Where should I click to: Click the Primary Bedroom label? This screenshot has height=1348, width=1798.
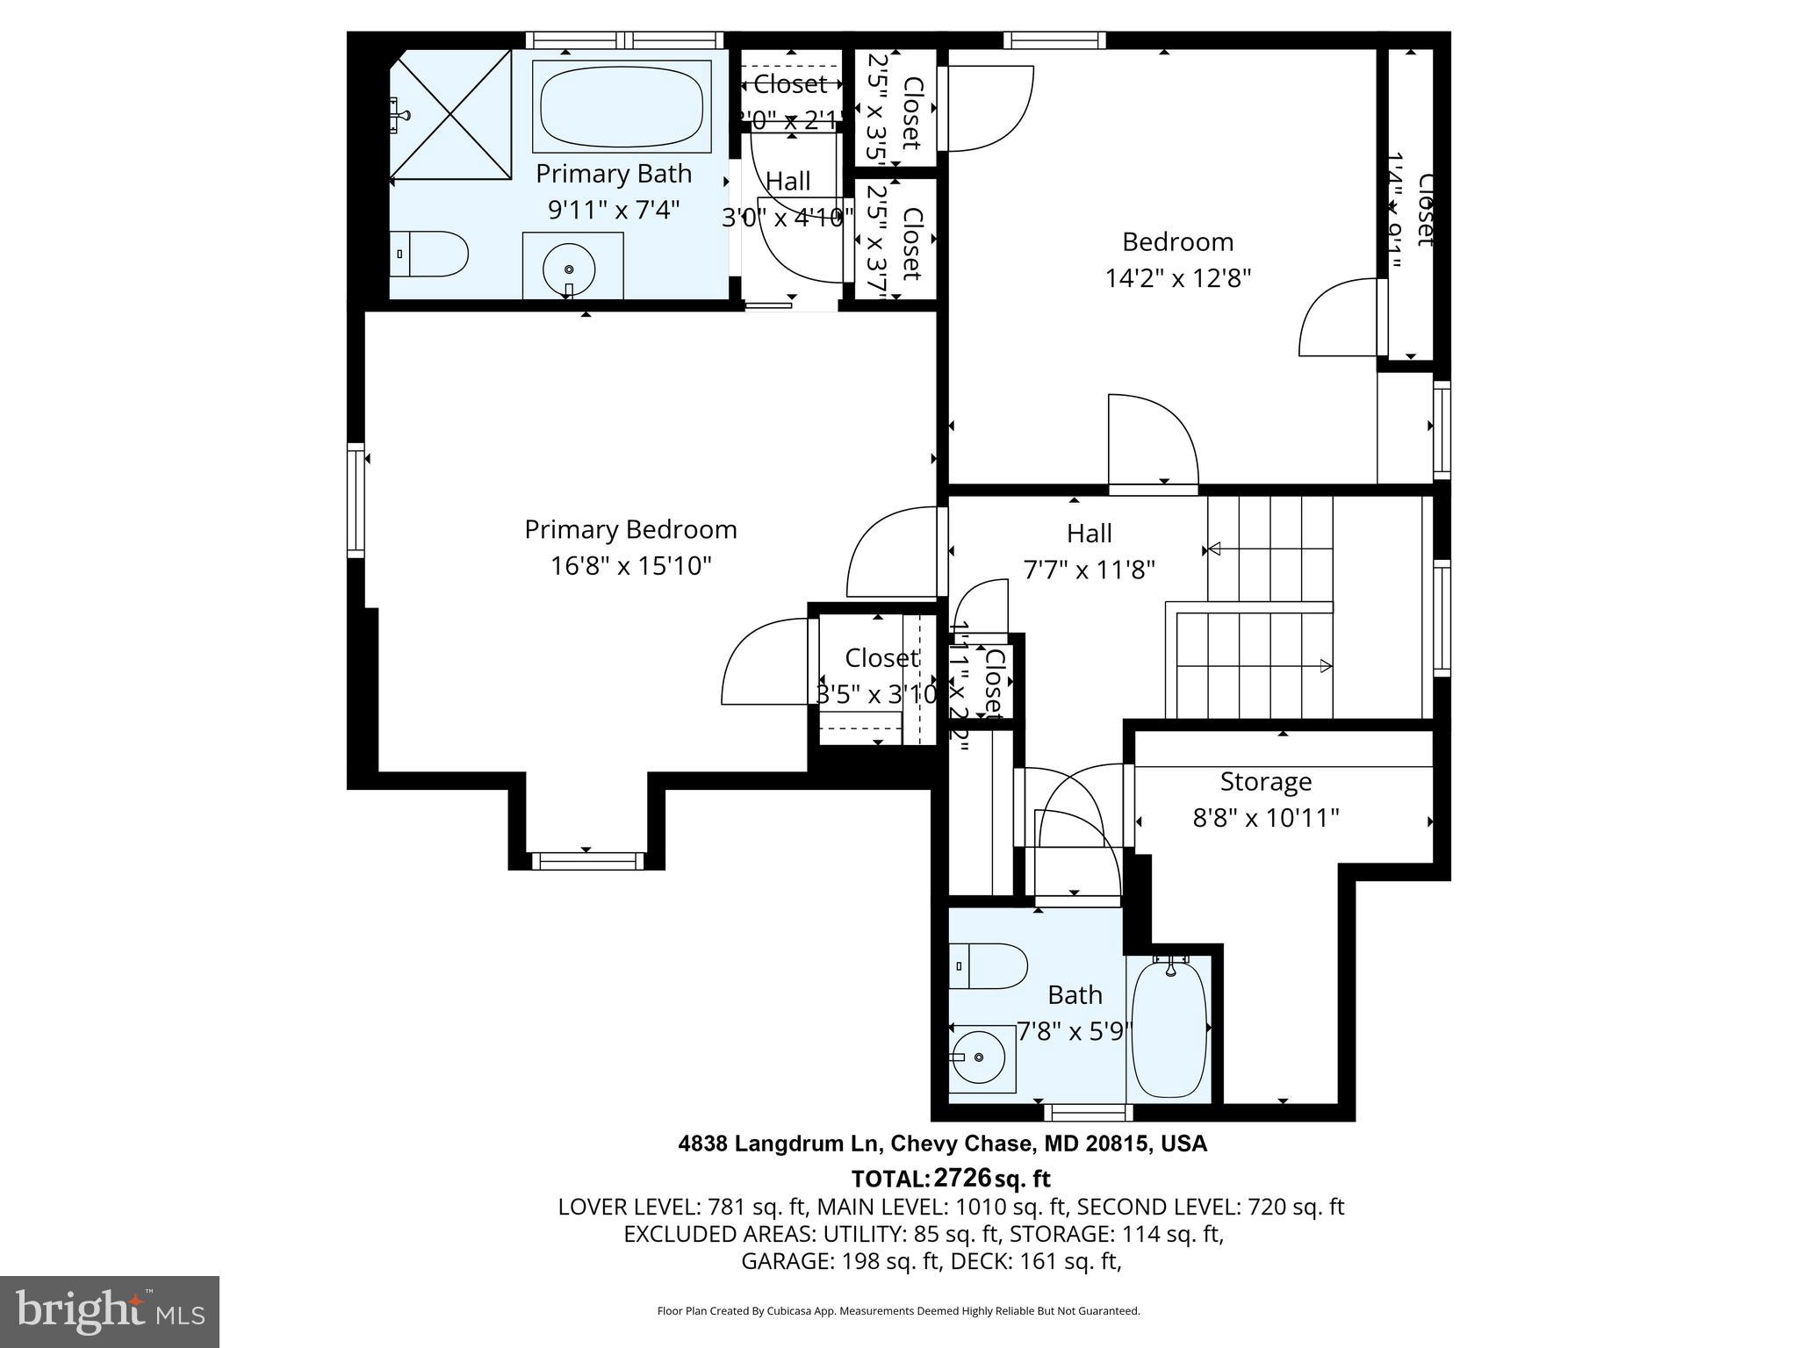[x=630, y=529]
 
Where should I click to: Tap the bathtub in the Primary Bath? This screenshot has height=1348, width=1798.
[x=622, y=107]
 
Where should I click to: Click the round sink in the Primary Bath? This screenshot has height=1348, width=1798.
[x=569, y=269]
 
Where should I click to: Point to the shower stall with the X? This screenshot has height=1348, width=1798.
[x=450, y=114]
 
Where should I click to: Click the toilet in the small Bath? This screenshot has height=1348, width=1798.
[x=989, y=966]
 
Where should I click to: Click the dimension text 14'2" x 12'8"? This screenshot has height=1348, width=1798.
[x=1177, y=278]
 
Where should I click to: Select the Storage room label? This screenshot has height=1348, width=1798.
[x=1265, y=781]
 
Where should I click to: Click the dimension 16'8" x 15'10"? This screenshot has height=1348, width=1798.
[x=630, y=566]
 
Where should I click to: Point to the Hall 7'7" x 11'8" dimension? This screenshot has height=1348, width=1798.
[x=1089, y=570]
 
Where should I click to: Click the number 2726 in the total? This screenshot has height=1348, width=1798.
[x=962, y=1177]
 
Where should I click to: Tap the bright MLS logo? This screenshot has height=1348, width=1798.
[x=110, y=1312]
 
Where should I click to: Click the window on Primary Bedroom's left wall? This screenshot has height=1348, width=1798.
[x=356, y=500]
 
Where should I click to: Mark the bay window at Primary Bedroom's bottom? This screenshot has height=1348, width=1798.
[x=586, y=861]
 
